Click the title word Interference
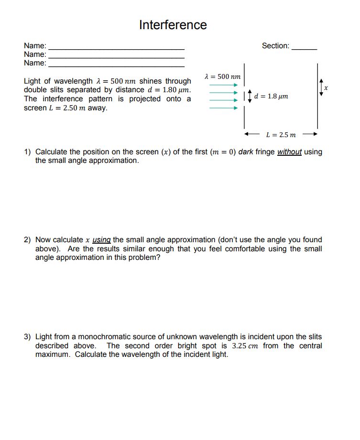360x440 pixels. coord(173,25)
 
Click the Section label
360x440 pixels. coord(275,46)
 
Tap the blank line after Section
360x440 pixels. coord(304,49)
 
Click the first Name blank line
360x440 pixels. coord(117,49)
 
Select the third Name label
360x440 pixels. coord(35,63)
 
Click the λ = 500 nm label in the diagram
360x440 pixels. coord(222,76)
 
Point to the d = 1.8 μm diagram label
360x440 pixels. coord(271,97)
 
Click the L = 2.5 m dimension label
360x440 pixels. coord(281,135)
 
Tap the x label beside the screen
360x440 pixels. coord(326,88)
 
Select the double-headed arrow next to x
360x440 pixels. coord(321,87)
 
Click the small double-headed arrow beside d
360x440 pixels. coord(249,97)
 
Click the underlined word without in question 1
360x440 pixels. coord(289,152)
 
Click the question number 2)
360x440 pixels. coord(28,240)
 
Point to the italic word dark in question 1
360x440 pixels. coord(245,152)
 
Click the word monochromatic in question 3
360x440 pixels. coord(100,337)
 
